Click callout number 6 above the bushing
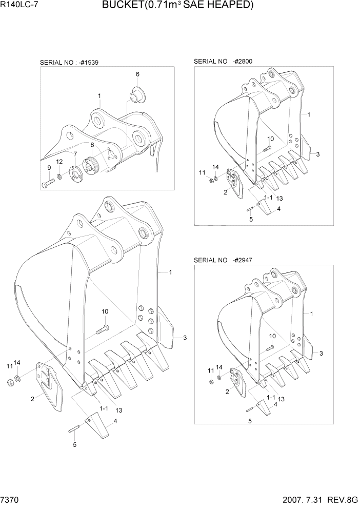coord(137,74)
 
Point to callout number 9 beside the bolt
coord(49,168)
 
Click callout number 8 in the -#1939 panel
coord(92,145)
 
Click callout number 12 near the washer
coord(59,162)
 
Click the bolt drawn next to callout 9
coord(48,182)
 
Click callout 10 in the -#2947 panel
coord(272,336)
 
